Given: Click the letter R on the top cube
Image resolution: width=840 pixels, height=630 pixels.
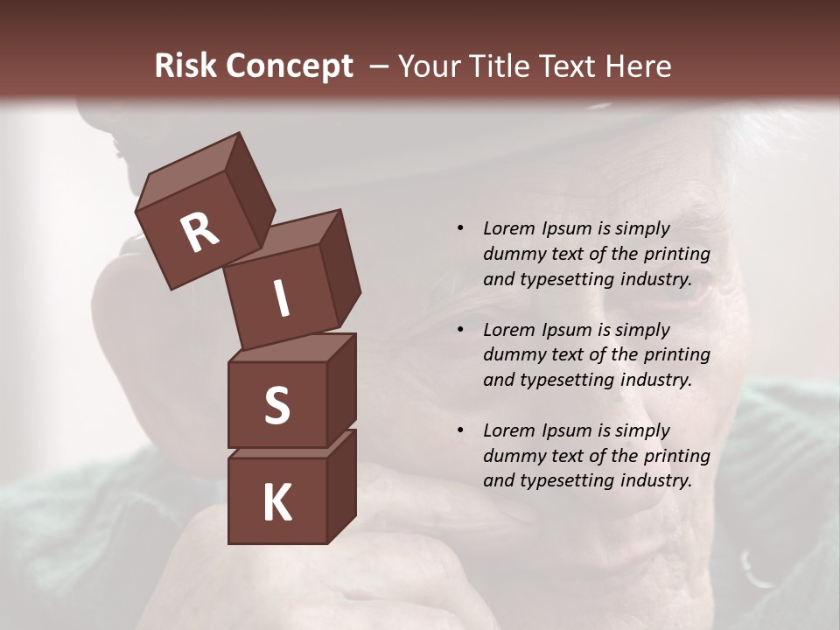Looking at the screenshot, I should [199, 232].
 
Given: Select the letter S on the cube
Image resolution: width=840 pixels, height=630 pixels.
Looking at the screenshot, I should [276, 406].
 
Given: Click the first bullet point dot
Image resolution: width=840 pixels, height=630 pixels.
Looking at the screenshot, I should [460, 228].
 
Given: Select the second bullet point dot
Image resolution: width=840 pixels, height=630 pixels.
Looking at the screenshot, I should [460, 330].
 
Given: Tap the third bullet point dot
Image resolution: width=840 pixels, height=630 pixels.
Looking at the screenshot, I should [460, 430].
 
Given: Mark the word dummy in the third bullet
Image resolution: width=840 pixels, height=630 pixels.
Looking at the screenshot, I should [511, 456].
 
